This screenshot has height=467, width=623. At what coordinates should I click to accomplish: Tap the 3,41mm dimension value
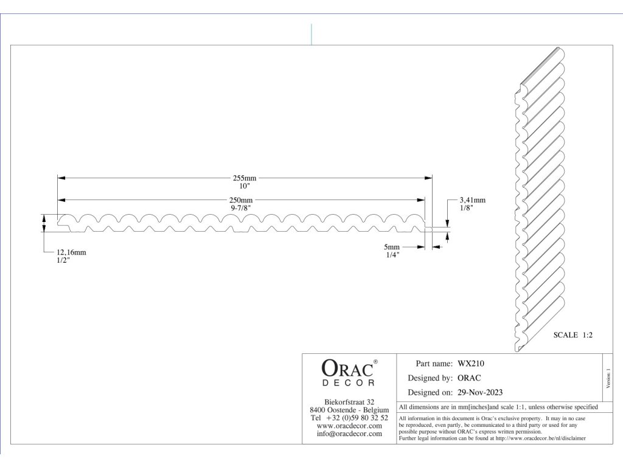(x=472, y=199)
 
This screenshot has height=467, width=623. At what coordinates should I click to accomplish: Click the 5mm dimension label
(x=392, y=247)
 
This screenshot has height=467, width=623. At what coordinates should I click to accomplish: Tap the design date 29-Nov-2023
(x=479, y=392)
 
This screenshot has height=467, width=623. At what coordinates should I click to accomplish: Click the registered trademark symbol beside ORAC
(x=375, y=362)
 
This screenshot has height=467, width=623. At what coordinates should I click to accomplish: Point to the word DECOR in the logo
(x=349, y=382)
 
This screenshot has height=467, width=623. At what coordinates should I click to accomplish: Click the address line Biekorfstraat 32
(x=349, y=402)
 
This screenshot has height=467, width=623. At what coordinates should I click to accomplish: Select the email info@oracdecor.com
(x=349, y=434)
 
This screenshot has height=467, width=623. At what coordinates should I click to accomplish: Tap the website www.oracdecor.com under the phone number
(x=349, y=426)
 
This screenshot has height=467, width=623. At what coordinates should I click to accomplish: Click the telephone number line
(x=349, y=418)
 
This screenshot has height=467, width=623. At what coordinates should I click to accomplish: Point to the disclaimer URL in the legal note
(x=541, y=438)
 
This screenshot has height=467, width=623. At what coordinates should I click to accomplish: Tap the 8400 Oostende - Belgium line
(x=349, y=410)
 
